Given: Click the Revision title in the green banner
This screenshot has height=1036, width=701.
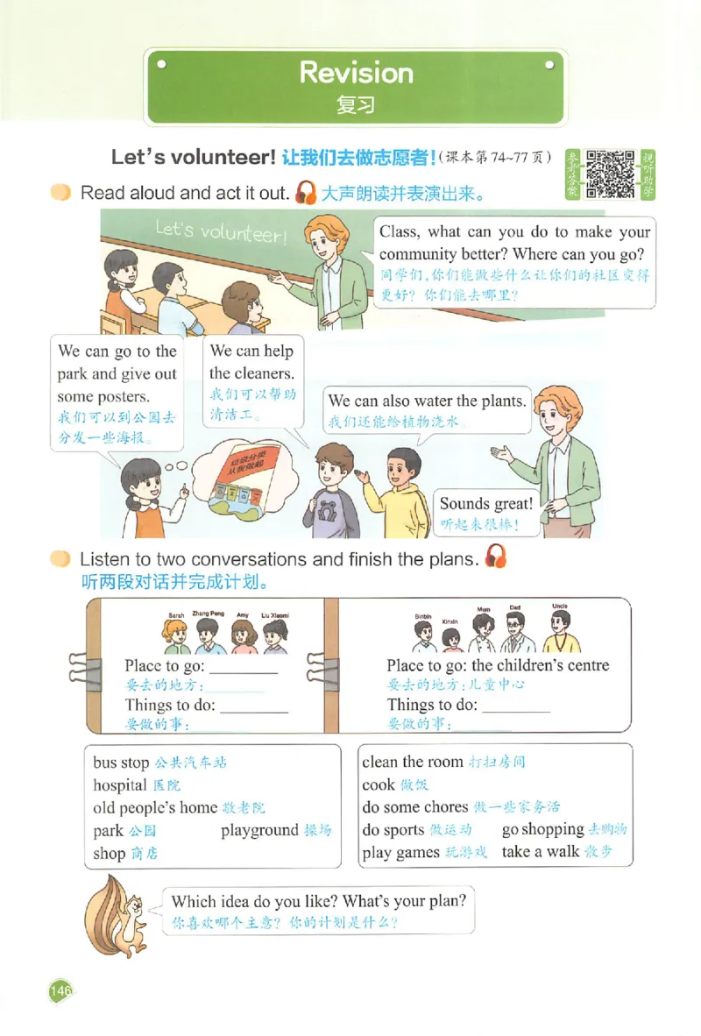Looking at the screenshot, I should (x=356, y=73).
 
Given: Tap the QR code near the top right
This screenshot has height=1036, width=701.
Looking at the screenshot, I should (x=610, y=174).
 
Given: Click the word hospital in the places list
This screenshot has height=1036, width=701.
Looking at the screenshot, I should (x=120, y=785).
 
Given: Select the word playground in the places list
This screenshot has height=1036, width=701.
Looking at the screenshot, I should (x=259, y=830).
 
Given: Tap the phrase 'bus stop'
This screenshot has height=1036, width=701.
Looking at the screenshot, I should (x=122, y=763).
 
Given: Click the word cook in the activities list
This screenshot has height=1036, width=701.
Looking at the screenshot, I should (x=379, y=784).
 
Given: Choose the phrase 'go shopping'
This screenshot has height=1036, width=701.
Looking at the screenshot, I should (x=542, y=829).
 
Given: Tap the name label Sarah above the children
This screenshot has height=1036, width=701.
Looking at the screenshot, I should (x=176, y=616).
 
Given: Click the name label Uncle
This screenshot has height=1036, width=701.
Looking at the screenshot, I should (x=560, y=607).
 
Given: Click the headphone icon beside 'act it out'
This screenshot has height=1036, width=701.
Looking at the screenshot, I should (x=306, y=192).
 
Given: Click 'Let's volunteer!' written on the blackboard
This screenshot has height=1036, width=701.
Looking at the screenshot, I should (x=221, y=231).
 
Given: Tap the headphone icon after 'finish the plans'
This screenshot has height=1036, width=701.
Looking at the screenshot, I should (x=496, y=557).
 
